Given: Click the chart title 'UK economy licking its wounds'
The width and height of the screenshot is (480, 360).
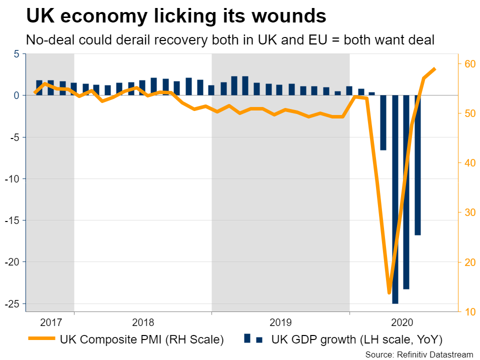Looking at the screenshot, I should (176, 16).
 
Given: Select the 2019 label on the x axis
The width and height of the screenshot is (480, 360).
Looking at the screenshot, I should (280, 322).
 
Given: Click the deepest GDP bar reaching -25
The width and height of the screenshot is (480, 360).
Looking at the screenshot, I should (395, 200).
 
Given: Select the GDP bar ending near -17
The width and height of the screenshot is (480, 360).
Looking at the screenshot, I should (417, 165).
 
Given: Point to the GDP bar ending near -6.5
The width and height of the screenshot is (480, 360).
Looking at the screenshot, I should (383, 122).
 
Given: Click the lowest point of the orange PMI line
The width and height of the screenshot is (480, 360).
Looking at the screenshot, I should (389, 292).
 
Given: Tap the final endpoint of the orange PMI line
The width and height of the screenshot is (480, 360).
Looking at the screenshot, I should (435, 68).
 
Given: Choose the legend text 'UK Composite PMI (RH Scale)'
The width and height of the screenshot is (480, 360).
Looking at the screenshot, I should (141, 340).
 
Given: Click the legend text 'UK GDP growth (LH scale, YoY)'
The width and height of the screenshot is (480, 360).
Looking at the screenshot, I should (357, 340).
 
